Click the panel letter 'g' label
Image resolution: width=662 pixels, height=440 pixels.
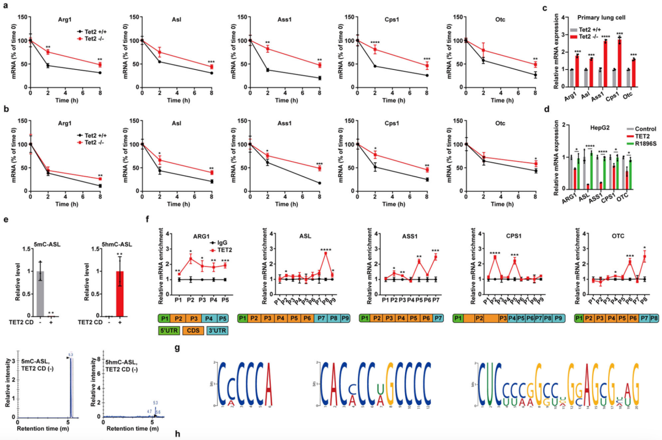coord(177,348)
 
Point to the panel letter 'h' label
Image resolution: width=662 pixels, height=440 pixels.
coord(177,434)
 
